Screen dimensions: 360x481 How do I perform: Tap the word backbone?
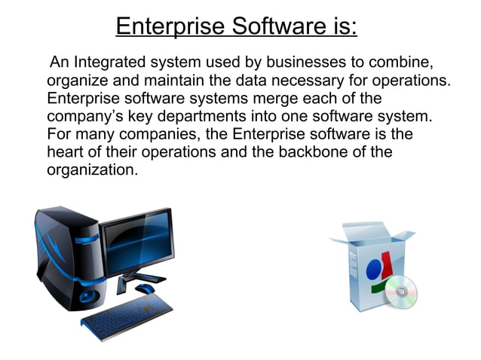pyautogui.click(x=322, y=152)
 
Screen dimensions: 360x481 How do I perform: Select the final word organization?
pyautogui.click(x=92, y=170)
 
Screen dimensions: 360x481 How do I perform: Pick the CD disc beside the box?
pyautogui.click(x=400, y=290)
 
